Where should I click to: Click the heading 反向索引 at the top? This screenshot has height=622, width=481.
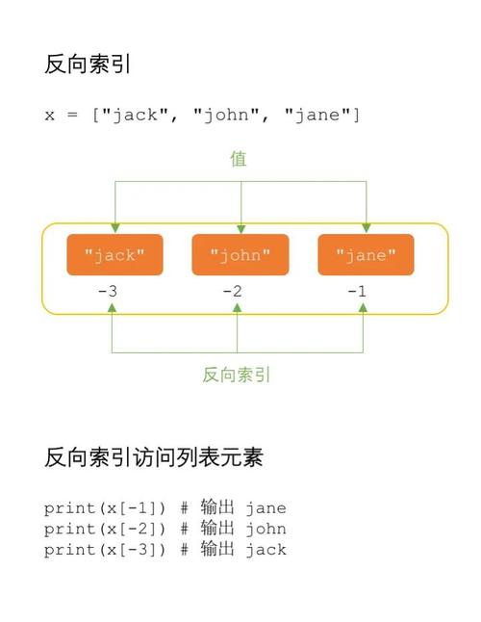pos(88,65)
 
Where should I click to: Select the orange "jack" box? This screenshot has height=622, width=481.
pos(114,255)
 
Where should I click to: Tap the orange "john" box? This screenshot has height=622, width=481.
pos(240,255)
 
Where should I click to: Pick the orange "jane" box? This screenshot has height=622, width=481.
pos(366,255)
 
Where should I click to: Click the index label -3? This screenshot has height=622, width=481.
pos(111,291)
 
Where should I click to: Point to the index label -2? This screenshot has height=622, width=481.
pos(236,291)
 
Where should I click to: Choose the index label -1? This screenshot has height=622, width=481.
pos(362,291)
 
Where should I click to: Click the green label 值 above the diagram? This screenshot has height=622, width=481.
pos(239,159)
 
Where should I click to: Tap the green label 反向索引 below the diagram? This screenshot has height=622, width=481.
pos(237,375)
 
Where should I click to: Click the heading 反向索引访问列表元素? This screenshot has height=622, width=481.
pos(153,457)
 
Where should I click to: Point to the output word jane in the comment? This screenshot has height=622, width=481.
pos(266,508)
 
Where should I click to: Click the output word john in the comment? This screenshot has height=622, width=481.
pos(266,529)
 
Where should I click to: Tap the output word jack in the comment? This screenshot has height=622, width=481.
pos(266,550)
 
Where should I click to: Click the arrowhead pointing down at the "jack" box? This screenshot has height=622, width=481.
pos(114,228)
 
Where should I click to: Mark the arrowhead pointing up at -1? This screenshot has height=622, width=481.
pos(363,308)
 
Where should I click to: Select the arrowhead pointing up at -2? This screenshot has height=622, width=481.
pos(238,308)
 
